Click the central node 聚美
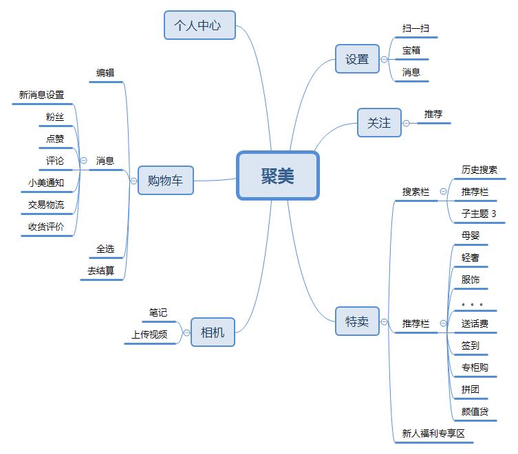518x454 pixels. [278, 176]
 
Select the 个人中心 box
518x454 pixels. [199, 25]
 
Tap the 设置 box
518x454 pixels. [357, 59]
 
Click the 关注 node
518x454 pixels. [379, 123]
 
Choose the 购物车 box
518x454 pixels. [166, 181]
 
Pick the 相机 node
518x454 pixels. [213, 333]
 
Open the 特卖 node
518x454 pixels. [357, 321]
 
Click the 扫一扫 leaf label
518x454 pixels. [416, 29]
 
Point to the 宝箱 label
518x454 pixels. [411, 50]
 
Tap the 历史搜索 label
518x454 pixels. [479, 170]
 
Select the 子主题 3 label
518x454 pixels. [479, 214]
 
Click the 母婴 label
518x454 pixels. [471, 236]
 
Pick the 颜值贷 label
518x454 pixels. [475, 411]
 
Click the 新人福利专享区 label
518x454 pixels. [433, 433]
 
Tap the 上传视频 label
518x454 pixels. [149, 334]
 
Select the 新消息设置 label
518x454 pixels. [41, 95]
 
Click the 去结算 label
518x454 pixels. [100, 271]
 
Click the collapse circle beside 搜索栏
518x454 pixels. [443, 192]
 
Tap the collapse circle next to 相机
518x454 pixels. [186, 333]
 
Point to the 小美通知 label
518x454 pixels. [46, 183]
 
